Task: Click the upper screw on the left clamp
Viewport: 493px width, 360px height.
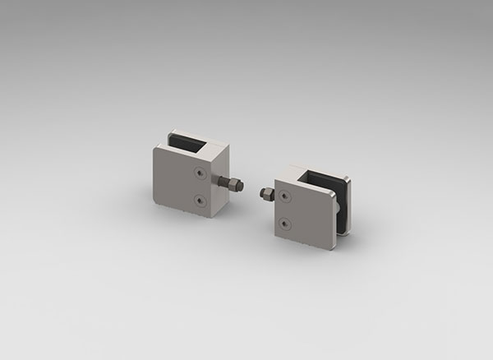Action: click(201, 173)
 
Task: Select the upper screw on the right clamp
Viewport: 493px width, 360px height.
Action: click(284, 197)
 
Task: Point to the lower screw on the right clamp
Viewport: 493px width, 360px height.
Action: click(284, 224)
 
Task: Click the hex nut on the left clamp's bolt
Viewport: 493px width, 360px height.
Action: click(237, 185)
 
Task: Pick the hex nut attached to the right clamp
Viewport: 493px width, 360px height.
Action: click(265, 194)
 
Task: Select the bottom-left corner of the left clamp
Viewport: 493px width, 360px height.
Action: click(158, 204)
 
